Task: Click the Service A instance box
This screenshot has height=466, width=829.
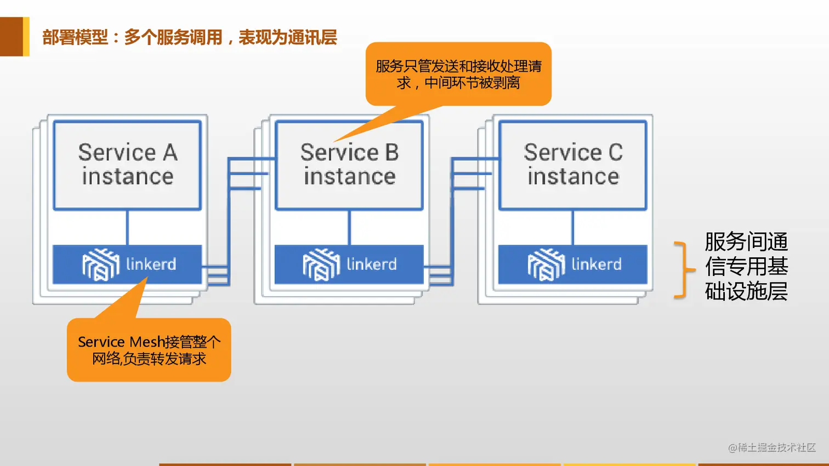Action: [127, 165]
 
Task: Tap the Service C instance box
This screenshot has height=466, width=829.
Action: [573, 165]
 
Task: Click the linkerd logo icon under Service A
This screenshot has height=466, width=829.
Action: [100, 264]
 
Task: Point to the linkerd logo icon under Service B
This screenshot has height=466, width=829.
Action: [321, 264]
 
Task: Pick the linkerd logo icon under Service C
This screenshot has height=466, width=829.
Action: [546, 264]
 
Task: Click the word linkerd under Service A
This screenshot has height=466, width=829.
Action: [151, 264]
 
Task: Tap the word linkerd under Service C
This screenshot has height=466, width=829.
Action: [597, 264]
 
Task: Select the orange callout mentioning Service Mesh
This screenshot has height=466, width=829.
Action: [149, 350]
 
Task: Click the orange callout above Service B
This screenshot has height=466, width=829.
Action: [458, 74]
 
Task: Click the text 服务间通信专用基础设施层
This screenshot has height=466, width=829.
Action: [746, 267]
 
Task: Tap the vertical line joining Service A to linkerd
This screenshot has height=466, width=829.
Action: [127, 227]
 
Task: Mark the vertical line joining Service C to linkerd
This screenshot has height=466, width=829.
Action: [573, 227]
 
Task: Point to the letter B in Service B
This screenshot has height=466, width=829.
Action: [391, 153]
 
